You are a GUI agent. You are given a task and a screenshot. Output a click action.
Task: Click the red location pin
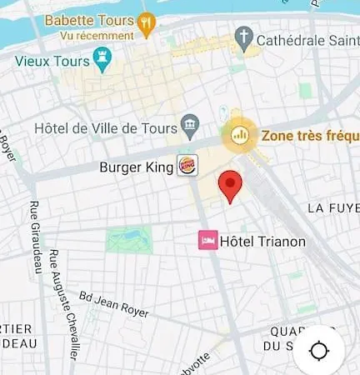coord(230,185)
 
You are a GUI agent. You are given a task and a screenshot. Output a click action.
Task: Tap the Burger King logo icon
coord(187,166)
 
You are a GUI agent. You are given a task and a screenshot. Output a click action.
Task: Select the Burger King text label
coord(136,167)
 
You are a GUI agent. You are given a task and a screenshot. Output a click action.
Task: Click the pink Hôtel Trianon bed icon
coord(207,241)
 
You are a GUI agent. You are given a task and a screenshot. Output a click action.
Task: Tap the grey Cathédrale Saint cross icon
coord(243,37)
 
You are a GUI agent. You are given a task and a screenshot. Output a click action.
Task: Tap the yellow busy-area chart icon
coord(240,133)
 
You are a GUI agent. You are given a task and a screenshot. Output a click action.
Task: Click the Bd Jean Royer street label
coord(113,304)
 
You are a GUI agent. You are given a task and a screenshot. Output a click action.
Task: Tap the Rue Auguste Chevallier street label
coord(63,304)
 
